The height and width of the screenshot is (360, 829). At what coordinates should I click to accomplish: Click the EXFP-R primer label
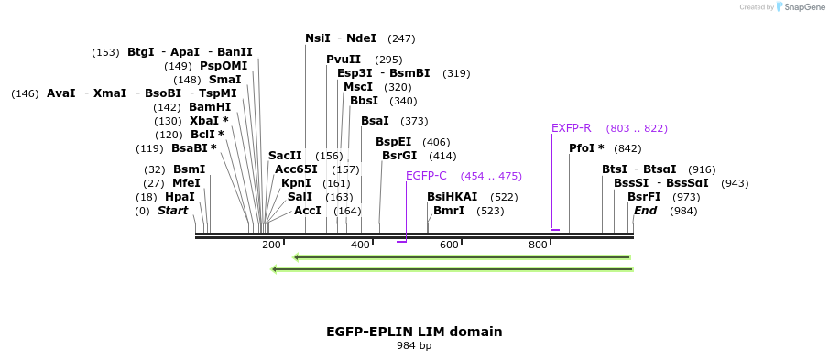coord(572,128)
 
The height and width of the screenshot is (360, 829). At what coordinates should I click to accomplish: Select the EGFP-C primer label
coord(426,176)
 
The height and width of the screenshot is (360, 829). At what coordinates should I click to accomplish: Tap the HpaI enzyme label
coord(180,197)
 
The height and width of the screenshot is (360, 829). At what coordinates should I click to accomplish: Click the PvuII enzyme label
coord(344,60)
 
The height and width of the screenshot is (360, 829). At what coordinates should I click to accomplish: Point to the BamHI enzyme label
coord(210,107)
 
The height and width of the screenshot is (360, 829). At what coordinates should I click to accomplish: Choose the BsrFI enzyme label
coord(644,197)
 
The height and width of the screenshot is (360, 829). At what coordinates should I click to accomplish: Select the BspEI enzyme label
coord(393,142)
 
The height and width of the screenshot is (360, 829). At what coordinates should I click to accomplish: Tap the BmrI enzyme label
coord(449,211)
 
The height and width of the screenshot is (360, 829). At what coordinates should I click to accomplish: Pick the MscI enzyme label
coord(358,87)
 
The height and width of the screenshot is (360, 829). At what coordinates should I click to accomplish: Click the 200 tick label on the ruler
coord(271,245)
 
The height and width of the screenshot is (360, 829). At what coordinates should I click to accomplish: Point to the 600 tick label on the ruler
coord(449,245)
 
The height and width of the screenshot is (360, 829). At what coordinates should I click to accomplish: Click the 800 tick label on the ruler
coord(538,245)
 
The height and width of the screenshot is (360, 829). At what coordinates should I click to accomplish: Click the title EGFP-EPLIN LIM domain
coord(414,332)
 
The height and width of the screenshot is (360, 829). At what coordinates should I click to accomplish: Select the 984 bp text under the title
coord(414,346)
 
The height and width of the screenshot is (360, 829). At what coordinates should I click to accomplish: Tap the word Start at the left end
coord(172,211)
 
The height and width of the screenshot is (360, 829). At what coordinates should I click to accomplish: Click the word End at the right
coord(645,211)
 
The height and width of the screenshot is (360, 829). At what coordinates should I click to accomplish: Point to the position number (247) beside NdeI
coord(401,38)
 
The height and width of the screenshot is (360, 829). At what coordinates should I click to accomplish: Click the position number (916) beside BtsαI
coord(702,169)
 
